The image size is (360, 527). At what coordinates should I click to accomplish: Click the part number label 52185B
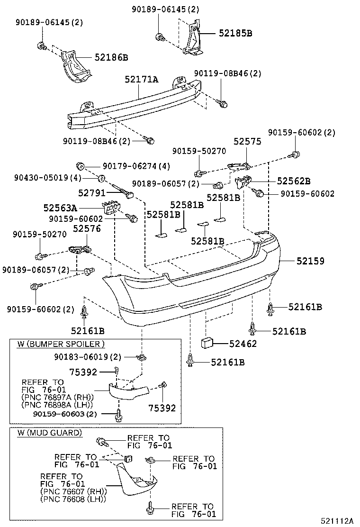[x=235, y=33]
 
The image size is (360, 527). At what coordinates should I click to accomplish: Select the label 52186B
[x=111, y=57]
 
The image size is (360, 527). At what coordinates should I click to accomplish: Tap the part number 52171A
[x=142, y=80]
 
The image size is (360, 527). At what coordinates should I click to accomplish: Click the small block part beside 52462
[x=207, y=343]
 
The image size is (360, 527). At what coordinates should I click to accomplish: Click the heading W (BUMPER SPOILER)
[x=61, y=344]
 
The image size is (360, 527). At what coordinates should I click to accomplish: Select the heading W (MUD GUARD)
[x=50, y=433]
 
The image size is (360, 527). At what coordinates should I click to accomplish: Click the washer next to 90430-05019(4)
[x=101, y=178]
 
